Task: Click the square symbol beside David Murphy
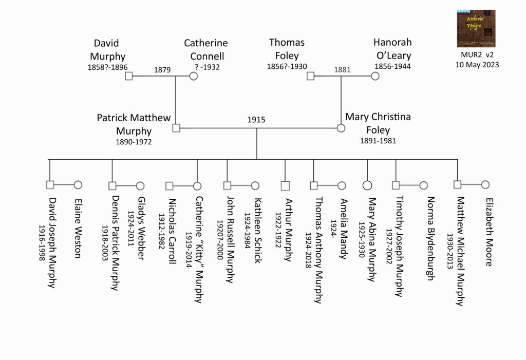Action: [x=129, y=77]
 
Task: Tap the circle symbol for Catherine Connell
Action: [x=194, y=77]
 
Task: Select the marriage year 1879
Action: [x=162, y=70]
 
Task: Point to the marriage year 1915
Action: [x=256, y=120]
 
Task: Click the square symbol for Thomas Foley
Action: [x=310, y=77]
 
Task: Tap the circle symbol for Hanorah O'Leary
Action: [x=375, y=77]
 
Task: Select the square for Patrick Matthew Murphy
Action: [x=176, y=128]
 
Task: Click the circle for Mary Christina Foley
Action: [x=341, y=128]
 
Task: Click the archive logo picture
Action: [x=476, y=28]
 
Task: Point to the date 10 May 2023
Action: [x=477, y=65]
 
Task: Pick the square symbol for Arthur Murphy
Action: [x=286, y=185]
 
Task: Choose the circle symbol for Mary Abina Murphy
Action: [x=367, y=185]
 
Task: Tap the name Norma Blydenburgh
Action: [x=430, y=238]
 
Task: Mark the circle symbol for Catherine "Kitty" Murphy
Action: [x=197, y=185]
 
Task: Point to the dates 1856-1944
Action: [x=392, y=67]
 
